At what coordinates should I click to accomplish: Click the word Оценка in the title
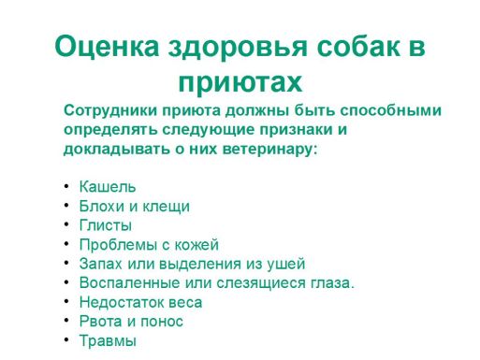105,46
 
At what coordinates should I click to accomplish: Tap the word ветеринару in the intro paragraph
273,150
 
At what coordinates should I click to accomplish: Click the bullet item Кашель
107,187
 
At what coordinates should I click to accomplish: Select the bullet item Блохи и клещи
134,207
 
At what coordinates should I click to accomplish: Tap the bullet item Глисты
105,225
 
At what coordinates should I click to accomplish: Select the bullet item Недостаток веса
140,303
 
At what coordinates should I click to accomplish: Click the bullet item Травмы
108,341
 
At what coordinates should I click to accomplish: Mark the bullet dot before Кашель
66,186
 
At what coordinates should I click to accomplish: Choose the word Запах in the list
101,265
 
